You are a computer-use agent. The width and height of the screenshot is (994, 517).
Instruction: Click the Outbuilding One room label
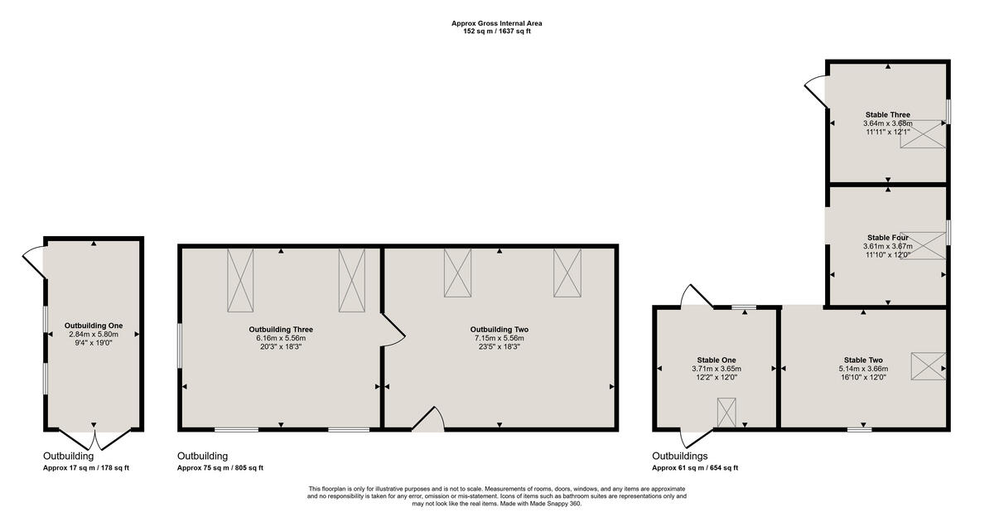94,326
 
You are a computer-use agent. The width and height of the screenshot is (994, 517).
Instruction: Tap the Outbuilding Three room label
281,329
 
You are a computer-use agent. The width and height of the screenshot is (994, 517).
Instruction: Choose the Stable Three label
888,114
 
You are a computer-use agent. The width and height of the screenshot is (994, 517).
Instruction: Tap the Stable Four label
888,237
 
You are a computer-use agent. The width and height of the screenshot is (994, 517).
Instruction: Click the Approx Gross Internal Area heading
497,23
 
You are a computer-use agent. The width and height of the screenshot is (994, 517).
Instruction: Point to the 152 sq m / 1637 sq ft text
497,31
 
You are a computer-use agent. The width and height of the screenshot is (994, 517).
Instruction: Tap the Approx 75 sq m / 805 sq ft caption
220,468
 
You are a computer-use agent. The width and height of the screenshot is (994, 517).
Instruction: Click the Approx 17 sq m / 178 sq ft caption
86,468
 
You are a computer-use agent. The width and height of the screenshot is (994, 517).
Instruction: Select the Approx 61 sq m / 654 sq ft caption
695,468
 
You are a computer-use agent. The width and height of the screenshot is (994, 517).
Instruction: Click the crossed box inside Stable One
726,413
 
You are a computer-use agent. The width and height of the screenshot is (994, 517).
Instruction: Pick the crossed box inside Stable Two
928,366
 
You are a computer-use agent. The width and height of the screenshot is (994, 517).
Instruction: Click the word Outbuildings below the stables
679,456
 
